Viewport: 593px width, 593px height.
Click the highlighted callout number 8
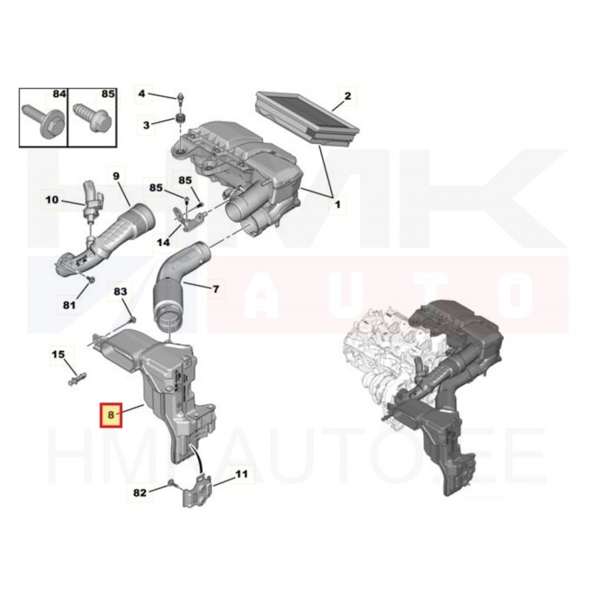(110, 414)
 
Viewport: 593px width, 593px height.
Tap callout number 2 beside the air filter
(347, 96)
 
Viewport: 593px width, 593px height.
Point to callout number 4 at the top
(142, 93)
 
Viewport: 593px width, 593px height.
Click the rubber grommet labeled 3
(180, 118)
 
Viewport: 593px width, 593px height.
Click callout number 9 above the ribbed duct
(116, 176)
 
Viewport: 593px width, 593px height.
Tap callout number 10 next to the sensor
(52, 199)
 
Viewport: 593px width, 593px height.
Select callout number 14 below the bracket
(163, 242)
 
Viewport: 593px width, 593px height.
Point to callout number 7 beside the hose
(216, 289)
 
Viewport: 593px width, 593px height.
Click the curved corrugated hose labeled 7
(177, 285)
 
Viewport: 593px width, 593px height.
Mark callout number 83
(120, 291)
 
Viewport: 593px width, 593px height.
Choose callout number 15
(59, 354)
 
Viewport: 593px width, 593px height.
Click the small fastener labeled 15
(77, 378)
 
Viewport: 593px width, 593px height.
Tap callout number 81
(69, 305)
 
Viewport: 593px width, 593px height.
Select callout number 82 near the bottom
(139, 493)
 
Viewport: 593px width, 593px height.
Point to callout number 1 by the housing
(337, 205)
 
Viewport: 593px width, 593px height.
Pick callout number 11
(242, 474)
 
